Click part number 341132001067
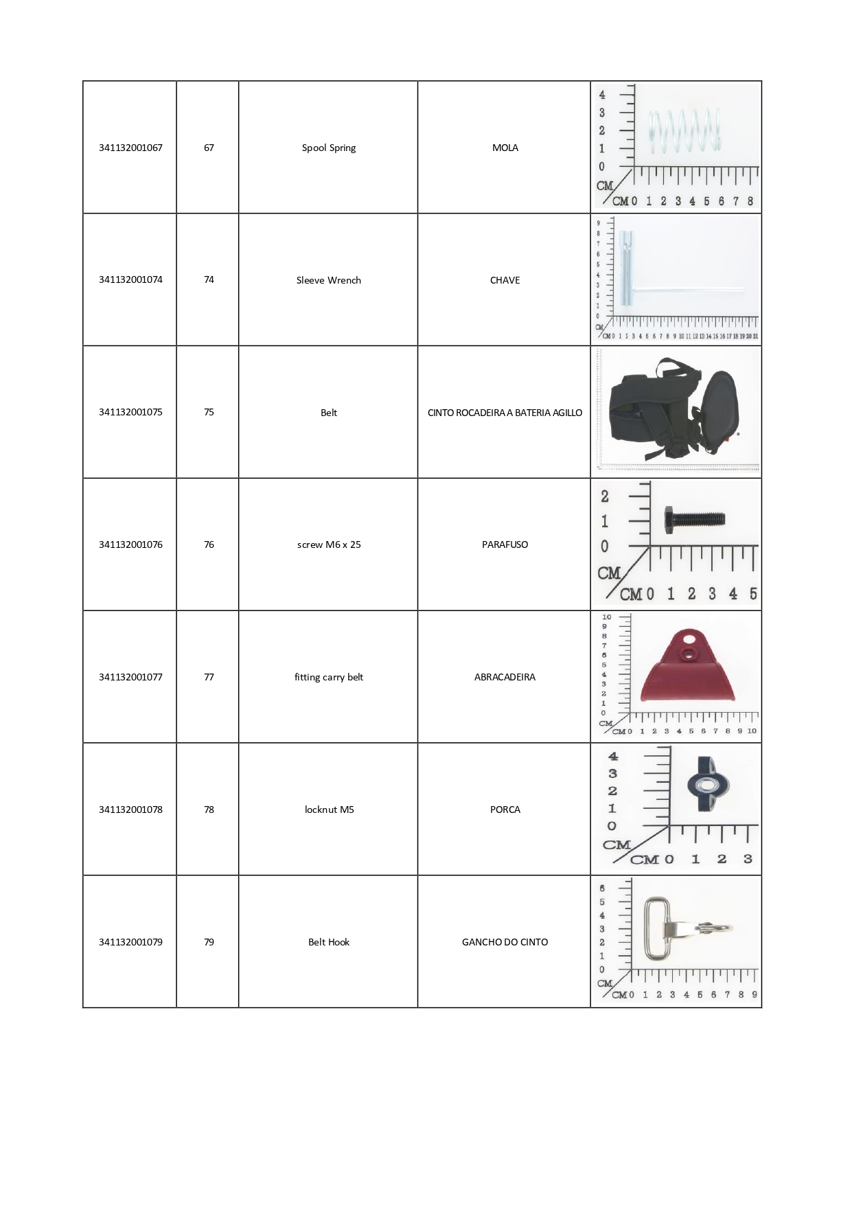tap(130, 148)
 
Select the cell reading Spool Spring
tap(328, 148)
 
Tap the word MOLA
tap(505, 148)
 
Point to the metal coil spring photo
tap(684, 130)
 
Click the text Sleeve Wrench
tap(328, 280)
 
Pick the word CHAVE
tap(505, 280)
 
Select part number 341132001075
tap(130, 412)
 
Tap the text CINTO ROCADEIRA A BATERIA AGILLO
tap(505, 413)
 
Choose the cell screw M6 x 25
tap(328, 544)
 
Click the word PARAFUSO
tap(505, 544)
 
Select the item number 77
tap(209, 677)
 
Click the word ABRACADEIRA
tap(505, 677)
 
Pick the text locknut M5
tap(329, 810)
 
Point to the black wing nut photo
tap(708, 785)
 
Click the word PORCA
tap(505, 810)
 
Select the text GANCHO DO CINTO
tap(505, 942)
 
